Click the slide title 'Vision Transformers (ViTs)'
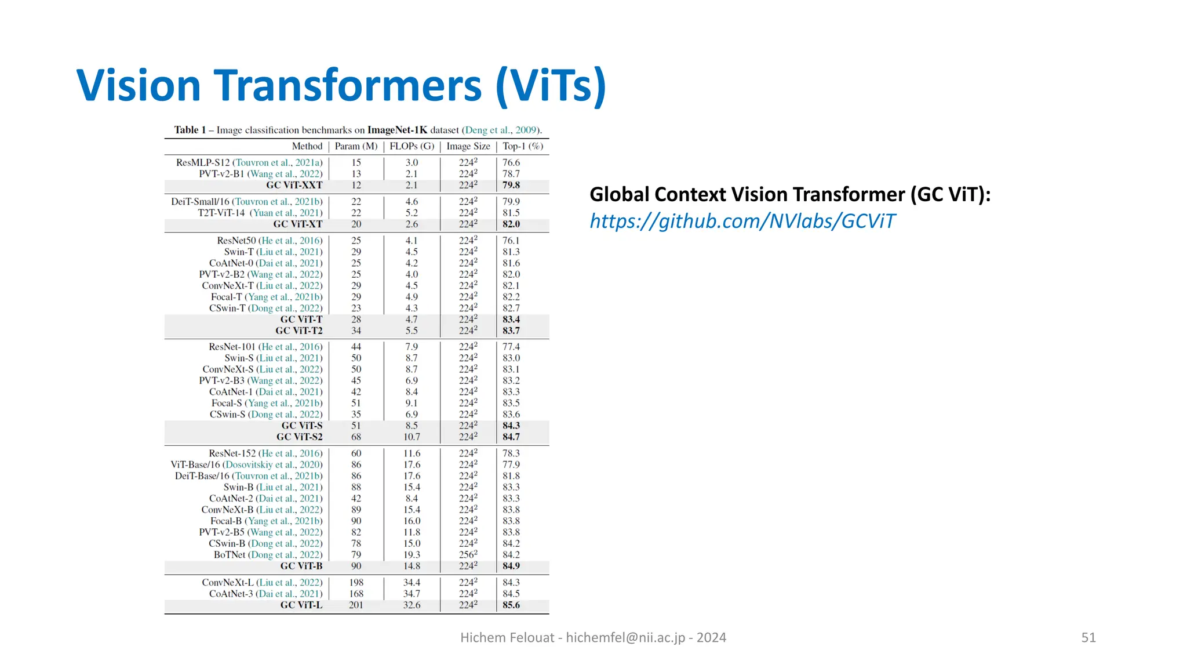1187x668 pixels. pyautogui.click(x=341, y=86)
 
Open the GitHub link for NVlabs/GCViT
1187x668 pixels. pyautogui.click(x=742, y=222)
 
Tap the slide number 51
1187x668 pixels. pyautogui.click(x=1088, y=638)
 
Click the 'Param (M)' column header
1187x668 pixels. pyautogui.click(x=356, y=146)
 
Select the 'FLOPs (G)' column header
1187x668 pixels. pyautogui.click(x=412, y=146)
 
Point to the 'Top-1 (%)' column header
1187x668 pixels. pyautogui.click(x=522, y=146)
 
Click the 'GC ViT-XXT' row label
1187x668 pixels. pyautogui.click(x=294, y=185)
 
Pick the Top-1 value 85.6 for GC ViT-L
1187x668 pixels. pyautogui.click(x=511, y=605)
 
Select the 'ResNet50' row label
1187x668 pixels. pyautogui.click(x=236, y=241)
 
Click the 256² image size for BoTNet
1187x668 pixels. pyautogui.click(x=468, y=554)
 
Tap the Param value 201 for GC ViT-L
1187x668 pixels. pyautogui.click(x=356, y=605)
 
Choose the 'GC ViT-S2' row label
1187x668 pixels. pyautogui.click(x=299, y=437)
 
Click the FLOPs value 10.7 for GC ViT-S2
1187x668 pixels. pyautogui.click(x=412, y=437)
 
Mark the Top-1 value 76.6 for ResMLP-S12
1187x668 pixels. pyautogui.click(x=511, y=162)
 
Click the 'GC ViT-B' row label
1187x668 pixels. pyautogui.click(x=301, y=566)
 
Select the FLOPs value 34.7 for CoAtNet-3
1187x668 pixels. pyautogui.click(x=412, y=594)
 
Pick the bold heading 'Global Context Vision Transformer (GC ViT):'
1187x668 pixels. pyautogui.click(x=790, y=194)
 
